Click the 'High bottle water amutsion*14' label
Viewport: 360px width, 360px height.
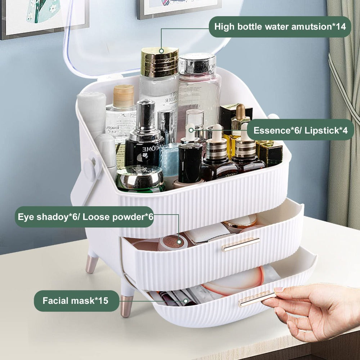point(280,27)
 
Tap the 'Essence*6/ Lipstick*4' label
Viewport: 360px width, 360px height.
point(301,130)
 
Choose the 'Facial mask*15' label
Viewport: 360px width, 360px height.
point(76,301)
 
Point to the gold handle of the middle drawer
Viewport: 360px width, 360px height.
point(240,244)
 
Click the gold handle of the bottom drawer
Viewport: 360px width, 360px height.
point(256,300)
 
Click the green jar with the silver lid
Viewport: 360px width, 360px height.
point(140,179)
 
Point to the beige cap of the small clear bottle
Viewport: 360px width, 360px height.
point(123,96)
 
